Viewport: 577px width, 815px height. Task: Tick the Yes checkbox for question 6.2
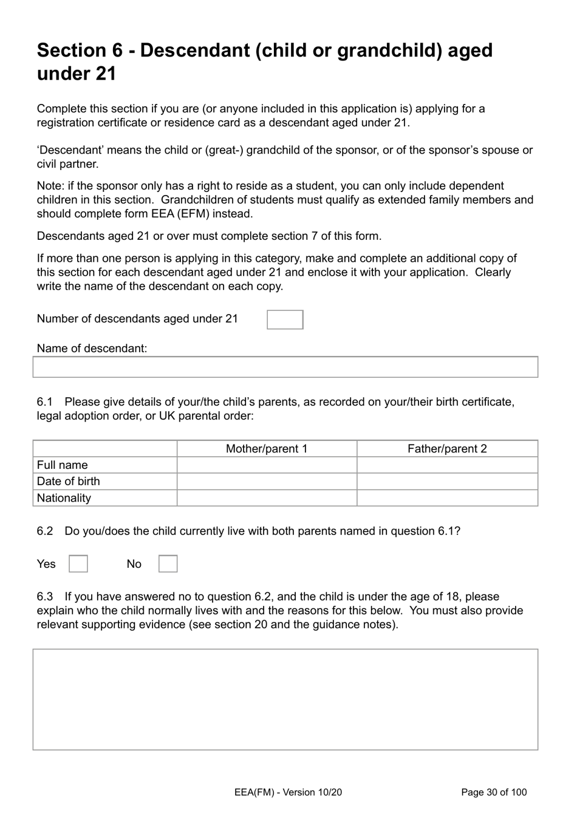point(78,564)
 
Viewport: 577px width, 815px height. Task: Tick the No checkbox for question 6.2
point(168,564)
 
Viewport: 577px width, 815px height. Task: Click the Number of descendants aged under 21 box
point(285,319)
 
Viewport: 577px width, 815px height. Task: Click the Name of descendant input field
point(285,367)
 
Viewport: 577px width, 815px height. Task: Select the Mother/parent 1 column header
point(267,449)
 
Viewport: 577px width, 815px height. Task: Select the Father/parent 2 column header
point(447,449)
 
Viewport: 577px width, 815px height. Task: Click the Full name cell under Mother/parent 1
point(267,465)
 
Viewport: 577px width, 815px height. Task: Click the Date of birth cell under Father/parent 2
point(447,482)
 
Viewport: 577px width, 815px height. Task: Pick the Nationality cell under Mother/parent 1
point(267,498)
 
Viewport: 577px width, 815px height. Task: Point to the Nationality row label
point(64,498)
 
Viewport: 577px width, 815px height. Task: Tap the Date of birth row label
point(68,482)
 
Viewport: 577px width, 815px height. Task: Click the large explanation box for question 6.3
point(285,699)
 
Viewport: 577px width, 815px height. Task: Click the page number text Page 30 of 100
point(494,792)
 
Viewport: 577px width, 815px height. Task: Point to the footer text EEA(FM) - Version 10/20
point(288,792)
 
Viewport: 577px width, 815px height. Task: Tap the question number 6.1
point(45,402)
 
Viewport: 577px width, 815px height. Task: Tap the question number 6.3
point(45,596)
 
